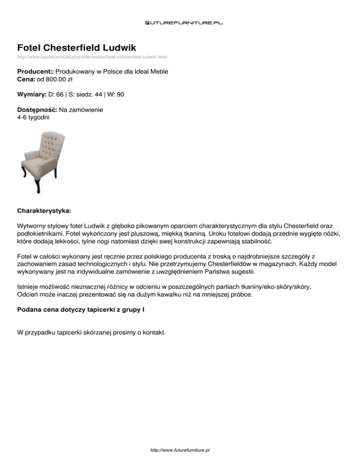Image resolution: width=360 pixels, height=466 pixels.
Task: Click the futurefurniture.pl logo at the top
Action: (184, 22)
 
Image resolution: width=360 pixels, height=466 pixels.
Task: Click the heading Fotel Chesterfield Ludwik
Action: (76, 48)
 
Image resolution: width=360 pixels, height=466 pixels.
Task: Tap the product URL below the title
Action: (92, 57)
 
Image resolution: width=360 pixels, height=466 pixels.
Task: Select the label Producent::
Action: (36, 72)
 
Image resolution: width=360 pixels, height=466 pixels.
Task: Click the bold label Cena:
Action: (26, 80)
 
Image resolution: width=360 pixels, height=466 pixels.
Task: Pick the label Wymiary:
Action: (31, 95)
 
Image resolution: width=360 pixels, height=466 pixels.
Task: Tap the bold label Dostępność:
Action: (37, 110)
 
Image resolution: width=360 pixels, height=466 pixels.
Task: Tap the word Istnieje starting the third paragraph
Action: (30, 286)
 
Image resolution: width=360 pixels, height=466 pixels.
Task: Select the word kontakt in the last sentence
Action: (153, 332)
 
